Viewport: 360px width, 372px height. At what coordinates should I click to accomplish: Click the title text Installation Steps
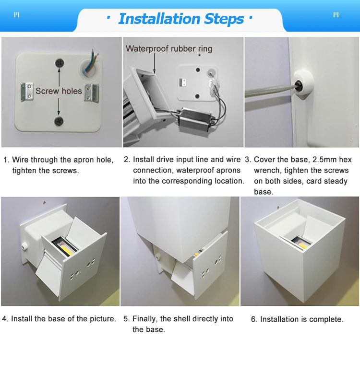[x=181, y=19]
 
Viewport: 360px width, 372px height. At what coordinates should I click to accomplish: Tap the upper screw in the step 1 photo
[x=60, y=63]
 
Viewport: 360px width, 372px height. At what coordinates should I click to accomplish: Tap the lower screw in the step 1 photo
[x=59, y=121]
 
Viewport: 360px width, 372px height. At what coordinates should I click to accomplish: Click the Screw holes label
[x=59, y=91]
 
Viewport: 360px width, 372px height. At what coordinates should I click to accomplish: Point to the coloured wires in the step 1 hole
[x=93, y=61]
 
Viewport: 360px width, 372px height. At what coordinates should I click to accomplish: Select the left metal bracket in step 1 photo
[x=26, y=92]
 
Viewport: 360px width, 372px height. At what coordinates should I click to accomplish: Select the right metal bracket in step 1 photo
[x=92, y=93]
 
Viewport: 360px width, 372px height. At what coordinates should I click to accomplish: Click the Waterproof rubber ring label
[x=169, y=48]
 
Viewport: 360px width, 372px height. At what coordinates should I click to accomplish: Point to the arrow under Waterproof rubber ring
[x=154, y=63]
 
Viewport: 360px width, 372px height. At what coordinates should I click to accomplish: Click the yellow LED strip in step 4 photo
[x=67, y=250]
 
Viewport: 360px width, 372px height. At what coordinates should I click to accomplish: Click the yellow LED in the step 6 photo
[x=302, y=245]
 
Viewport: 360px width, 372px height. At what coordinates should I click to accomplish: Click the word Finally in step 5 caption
[x=145, y=319]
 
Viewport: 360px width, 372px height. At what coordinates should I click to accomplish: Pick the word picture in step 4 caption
[x=103, y=319]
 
